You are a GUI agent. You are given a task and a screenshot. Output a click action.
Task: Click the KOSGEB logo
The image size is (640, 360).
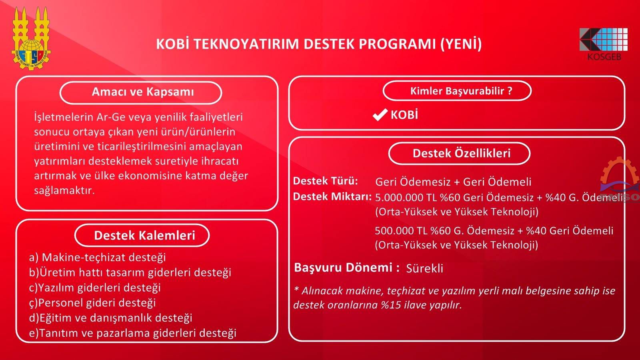pyautogui.click(x=604, y=44)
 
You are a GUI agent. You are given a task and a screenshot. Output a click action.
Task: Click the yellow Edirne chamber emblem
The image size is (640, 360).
pyautogui.click(x=31, y=38)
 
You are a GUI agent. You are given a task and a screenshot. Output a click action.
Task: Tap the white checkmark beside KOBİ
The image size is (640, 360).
pyautogui.click(x=380, y=115)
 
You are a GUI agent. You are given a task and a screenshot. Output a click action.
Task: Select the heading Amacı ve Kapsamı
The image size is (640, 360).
pyautogui.click(x=143, y=92)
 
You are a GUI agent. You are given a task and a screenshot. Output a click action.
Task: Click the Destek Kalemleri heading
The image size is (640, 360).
pyautogui.click(x=144, y=236)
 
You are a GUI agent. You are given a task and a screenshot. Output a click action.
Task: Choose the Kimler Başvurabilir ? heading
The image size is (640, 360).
pyautogui.click(x=461, y=91)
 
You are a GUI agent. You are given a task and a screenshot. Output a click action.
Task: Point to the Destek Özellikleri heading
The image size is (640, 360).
pyautogui.click(x=462, y=154)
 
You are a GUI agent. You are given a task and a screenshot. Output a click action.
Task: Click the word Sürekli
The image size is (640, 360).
pyautogui.click(x=424, y=268)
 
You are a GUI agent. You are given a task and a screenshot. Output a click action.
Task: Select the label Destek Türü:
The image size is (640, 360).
pyautogui.click(x=326, y=181)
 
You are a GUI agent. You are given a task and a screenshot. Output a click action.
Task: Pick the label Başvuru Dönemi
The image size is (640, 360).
pyautogui.click(x=344, y=268)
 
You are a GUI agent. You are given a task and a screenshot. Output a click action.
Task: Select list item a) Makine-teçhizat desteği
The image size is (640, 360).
pyautogui.click(x=98, y=258)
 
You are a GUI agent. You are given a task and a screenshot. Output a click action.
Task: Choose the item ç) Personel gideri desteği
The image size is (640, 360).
pyautogui.click(x=92, y=303)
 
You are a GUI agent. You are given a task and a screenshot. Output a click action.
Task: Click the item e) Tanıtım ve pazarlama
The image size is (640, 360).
pyautogui.click(x=132, y=333)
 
